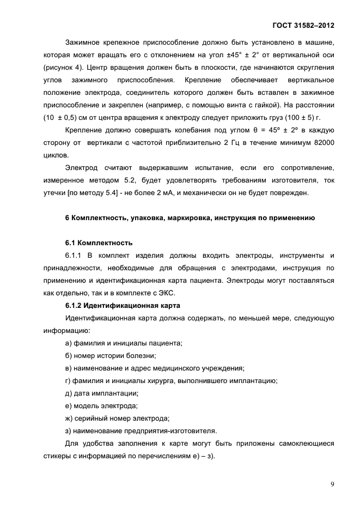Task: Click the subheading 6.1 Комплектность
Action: [99, 242]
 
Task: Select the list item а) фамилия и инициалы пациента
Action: [123, 343]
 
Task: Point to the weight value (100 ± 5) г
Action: [301, 117]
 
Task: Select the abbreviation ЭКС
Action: [201, 293]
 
